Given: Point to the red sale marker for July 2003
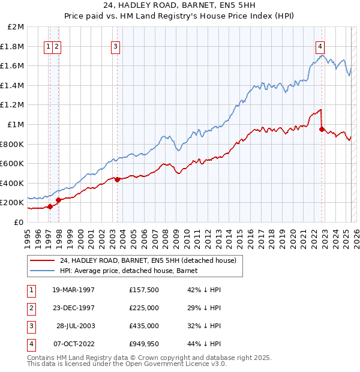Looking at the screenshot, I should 117,179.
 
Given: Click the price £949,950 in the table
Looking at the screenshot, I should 143,344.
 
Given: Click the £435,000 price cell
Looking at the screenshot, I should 143,326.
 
